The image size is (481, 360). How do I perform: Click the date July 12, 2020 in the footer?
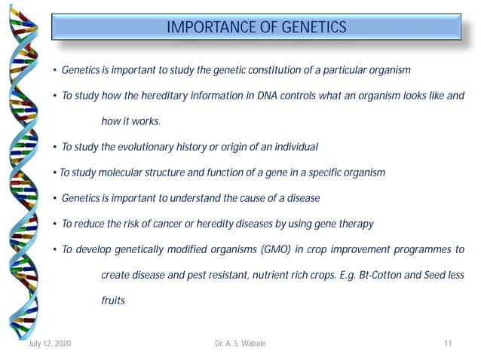[x=50, y=344]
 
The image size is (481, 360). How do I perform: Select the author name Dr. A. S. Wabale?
[x=240, y=344]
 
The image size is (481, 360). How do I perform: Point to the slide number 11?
[x=448, y=344]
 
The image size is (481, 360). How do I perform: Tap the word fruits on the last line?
[x=113, y=301]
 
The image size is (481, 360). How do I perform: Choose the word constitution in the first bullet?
[x=270, y=70]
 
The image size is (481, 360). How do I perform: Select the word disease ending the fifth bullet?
[x=303, y=198]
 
